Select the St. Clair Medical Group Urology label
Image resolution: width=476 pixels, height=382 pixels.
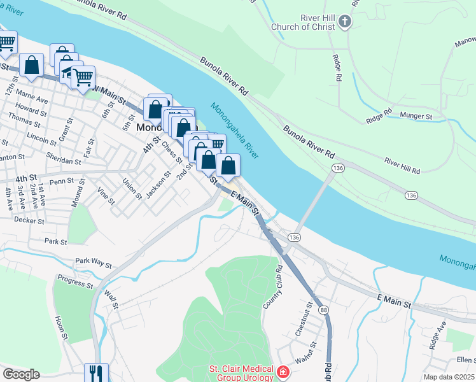coord(241,373)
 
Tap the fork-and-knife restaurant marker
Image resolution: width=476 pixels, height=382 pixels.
coord(96,373)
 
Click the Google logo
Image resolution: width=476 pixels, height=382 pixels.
coord(21,374)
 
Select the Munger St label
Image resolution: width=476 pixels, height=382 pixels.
coord(416,117)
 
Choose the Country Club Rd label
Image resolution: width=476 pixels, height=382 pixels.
coord(273,287)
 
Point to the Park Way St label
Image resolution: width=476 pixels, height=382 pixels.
coord(94,262)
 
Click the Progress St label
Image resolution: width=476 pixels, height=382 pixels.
coord(75,279)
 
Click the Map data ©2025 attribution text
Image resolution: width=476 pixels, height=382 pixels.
coord(448,377)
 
